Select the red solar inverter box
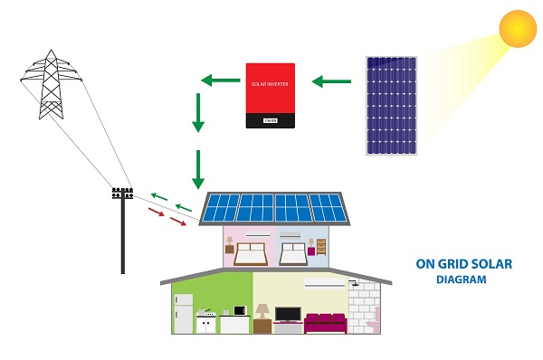271,94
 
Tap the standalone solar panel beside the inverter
392,105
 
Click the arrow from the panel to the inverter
331,81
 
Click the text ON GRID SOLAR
463,265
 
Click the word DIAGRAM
462,280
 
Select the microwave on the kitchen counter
239,310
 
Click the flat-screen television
288,315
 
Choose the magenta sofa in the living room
326,323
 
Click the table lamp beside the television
262,311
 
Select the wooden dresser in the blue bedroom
321,247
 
